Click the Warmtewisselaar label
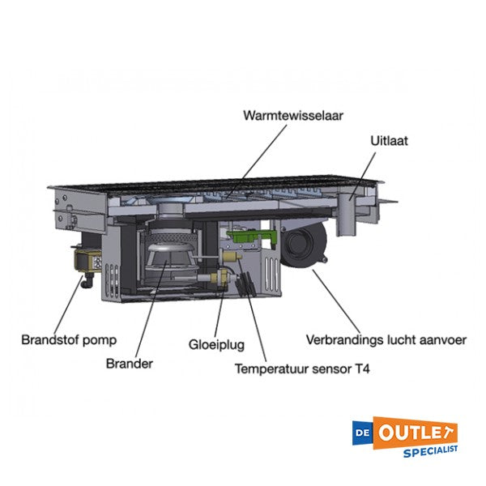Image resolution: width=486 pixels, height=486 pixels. [x=292, y=116]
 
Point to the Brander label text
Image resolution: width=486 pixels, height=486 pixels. [x=129, y=363]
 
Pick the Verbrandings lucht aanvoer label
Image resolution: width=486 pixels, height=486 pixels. [x=385, y=339]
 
